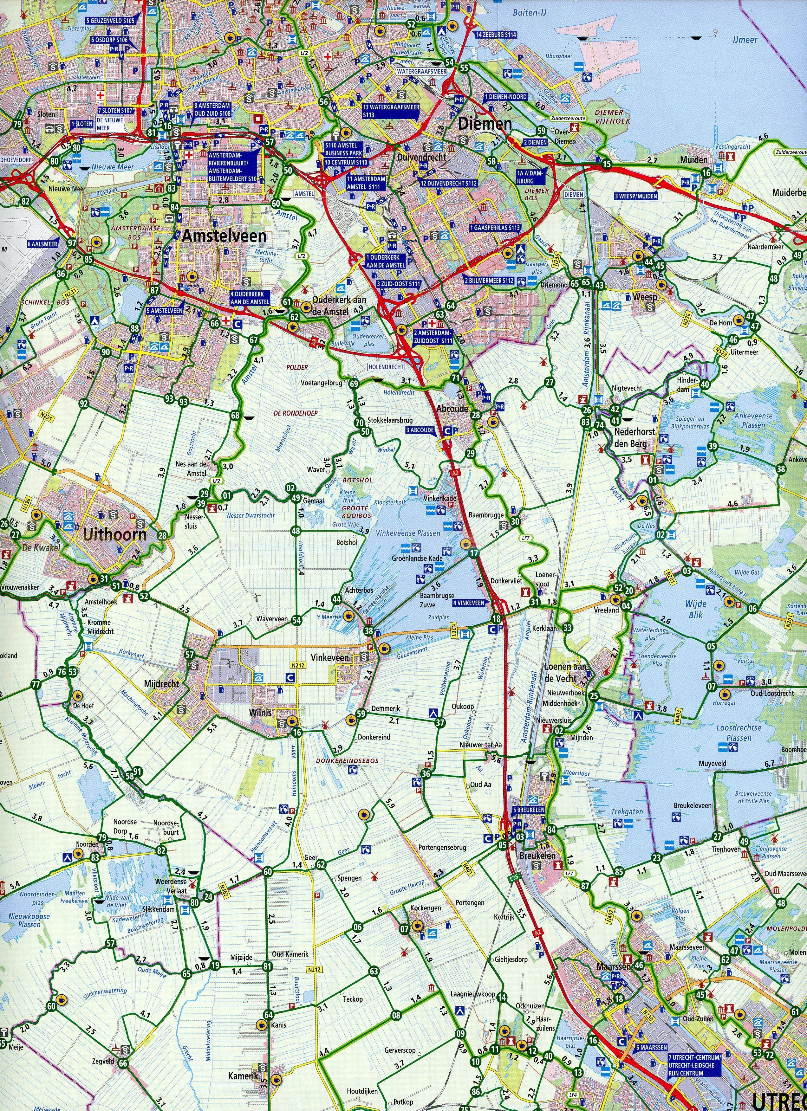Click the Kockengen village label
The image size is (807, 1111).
coord(426,908)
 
